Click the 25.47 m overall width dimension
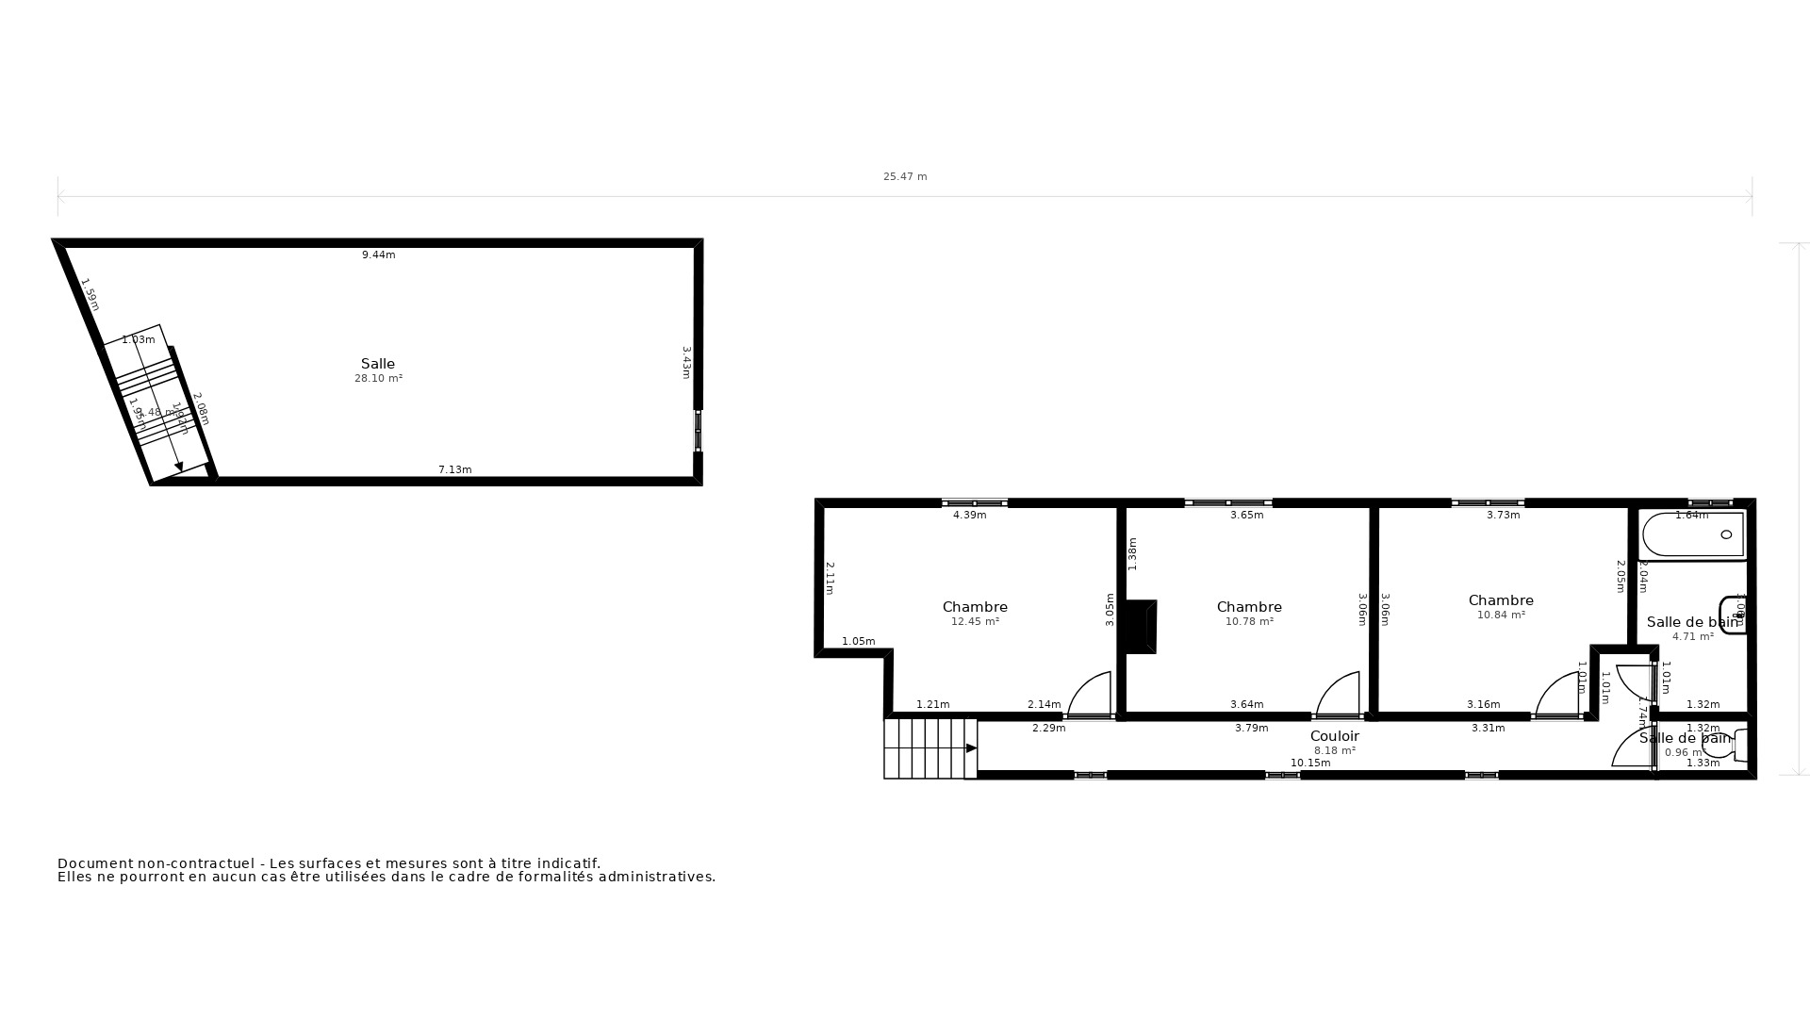tap(905, 176)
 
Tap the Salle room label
tap(378, 364)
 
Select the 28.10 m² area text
tap(378, 379)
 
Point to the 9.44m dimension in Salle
tap(378, 254)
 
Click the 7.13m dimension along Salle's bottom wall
tap(454, 469)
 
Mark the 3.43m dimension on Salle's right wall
tap(687, 362)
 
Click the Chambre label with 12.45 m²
tap(975, 607)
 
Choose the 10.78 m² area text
tap(1249, 622)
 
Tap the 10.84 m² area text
tap(1501, 616)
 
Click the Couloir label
tap(1334, 736)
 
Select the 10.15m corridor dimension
tap(1310, 763)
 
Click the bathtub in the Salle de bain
tap(1693, 534)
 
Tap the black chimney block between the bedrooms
tap(1141, 626)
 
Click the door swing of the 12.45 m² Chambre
tap(1091, 695)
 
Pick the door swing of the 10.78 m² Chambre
tap(1340, 695)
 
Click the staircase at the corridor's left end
tap(930, 748)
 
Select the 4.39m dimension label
tap(969, 516)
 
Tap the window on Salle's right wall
tap(699, 431)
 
